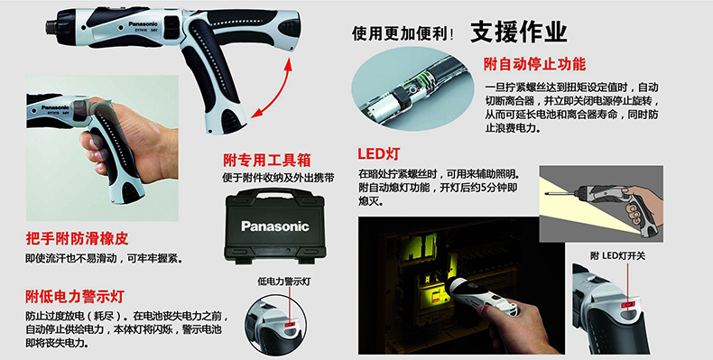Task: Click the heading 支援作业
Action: (x=518, y=32)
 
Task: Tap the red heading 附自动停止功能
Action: (x=534, y=64)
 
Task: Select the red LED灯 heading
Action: (x=378, y=153)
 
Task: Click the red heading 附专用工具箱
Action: (x=267, y=160)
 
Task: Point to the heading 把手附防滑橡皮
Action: (x=77, y=237)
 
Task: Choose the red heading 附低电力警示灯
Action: (x=75, y=297)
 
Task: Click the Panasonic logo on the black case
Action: (x=274, y=226)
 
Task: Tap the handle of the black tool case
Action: (x=276, y=194)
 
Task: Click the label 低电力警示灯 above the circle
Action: (x=283, y=282)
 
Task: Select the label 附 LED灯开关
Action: (x=618, y=256)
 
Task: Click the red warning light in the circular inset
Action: (x=289, y=325)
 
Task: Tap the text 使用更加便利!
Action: (x=403, y=33)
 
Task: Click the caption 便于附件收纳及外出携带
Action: (x=278, y=178)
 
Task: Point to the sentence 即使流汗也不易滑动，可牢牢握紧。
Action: (x=104, y=259)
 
